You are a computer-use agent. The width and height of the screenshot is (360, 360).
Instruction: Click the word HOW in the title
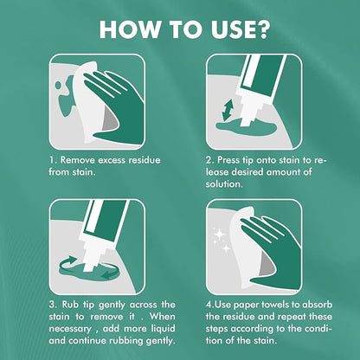pos(129,29)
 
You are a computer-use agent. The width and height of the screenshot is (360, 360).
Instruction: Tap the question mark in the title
pos(260,29)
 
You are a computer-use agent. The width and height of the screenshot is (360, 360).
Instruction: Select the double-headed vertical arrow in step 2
pos(228,110)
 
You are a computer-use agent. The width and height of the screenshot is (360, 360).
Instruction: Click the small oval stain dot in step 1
pos(58,85)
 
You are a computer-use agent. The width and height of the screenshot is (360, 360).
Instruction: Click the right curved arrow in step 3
pos(110,273)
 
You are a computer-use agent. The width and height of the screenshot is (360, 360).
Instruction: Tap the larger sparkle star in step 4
pos(220,235)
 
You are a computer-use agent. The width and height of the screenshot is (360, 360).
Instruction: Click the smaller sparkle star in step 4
pos(227,248)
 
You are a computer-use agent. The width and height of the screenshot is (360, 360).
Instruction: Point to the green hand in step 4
pos(274,254)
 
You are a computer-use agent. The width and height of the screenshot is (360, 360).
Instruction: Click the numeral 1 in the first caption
pos(52,160)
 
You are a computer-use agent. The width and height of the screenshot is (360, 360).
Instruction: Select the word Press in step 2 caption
pos(228,160)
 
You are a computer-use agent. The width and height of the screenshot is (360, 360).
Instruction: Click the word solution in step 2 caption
pos(223,184)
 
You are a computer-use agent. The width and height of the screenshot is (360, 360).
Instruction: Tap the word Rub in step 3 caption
pos(70,305)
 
